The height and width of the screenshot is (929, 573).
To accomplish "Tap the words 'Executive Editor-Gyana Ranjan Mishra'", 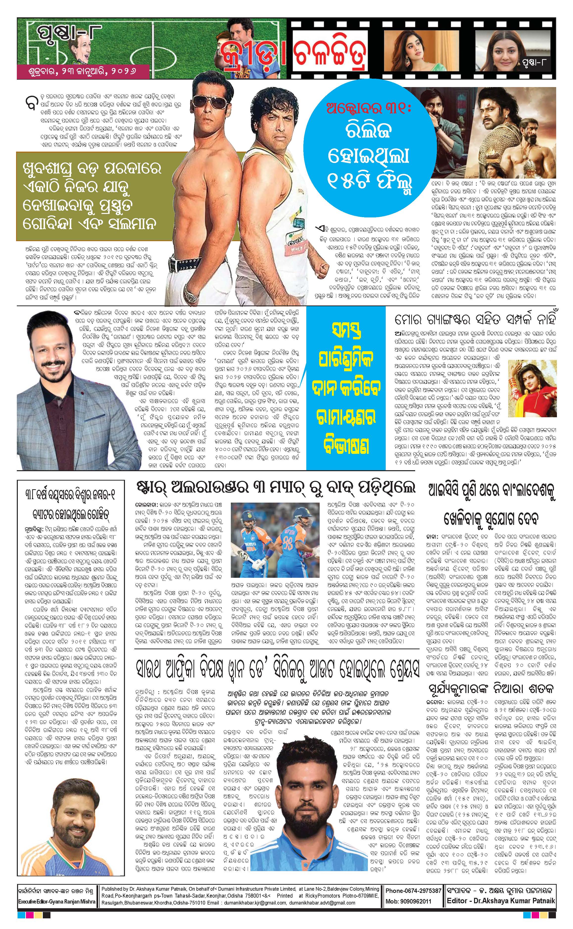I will [x=57, y=901].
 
